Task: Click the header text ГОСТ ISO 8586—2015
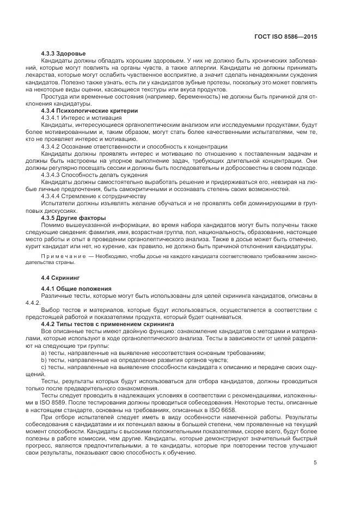coord(285,36)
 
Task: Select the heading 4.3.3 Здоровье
coord(63,53)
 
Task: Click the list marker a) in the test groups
coord(44,353)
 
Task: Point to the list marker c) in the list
coord(44,367)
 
